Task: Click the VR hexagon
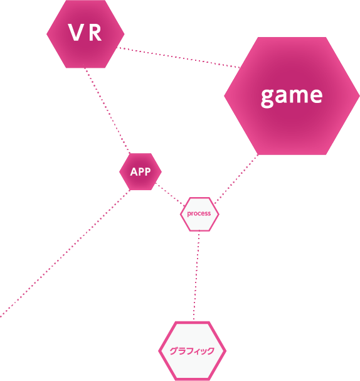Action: pyautogui.click(x=85, y=34)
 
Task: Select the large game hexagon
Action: pyautogui.click(x=292, y=96)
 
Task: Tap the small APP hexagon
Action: pyautogui.click(x=140, y=171)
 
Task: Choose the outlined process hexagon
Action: pyautogui.click(x=199, y=214)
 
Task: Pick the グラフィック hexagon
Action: pyautogui.click(x=193, y=351)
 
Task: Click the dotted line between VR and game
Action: pyautogui.click(x=179, y=57)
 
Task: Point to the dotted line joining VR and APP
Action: pyautogui.click(x=107, y=110)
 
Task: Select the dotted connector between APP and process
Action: pyautogui.click(x=170, y=194)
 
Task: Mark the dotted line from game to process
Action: pyautogui.click(x=236, y=179)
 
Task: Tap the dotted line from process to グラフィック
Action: pyautogui.click(x=196, y=275)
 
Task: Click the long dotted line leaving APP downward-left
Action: pyautogui.click(x=65, y=254)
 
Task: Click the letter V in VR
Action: pyautogui.click(x=75, y=32)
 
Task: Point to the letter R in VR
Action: pyautogui.click(x=95, y=32)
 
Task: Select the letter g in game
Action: pyautogui.click(x=267, y=98)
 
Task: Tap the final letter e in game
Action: pyautogui.click(x=316, y=95)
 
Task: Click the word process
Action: pyautogui.click(x=199, y=213)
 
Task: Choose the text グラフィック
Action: pyautogui.click(x=192, y=351)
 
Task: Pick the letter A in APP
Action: pyautogui.click(x=134, y=172)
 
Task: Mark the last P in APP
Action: pyautogui.click(x=147, y=172)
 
